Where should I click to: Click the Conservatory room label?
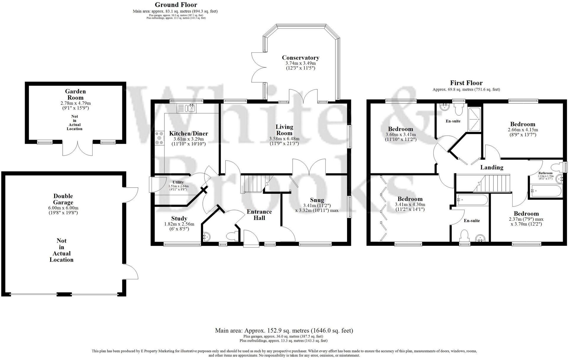point(300,58)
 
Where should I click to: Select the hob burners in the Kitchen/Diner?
point(160,138)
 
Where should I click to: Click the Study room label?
point(179,218)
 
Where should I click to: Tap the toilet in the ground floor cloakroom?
point(231,236)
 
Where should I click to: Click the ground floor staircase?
point(252,183)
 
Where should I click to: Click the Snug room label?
point(317,200)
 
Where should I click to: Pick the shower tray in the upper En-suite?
point(475,120)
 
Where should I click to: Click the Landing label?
point(491,167)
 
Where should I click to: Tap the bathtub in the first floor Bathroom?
point(544,191)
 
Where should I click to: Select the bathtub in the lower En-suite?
point(471,200)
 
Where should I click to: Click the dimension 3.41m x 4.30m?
point(410,204)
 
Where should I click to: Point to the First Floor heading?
point(466,83)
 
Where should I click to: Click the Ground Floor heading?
point(176,5)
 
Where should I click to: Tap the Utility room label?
point(178,182)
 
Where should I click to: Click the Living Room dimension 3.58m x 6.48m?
point(284,139)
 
